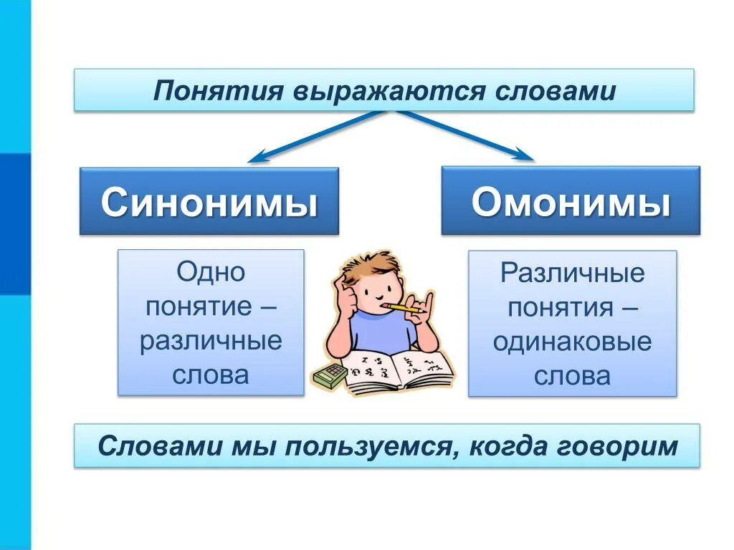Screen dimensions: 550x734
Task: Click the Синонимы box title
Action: (209, 203)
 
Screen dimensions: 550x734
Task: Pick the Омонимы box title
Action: (571, 203)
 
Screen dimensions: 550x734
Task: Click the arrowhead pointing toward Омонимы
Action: (524, 155)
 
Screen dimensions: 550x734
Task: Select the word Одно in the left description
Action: (211, 272)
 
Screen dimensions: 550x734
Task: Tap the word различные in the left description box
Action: (211, 341)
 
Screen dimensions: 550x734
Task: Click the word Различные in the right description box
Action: (572, 273)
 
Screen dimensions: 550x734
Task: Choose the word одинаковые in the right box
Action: (572, 342)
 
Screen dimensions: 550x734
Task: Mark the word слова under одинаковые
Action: (572, 376)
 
